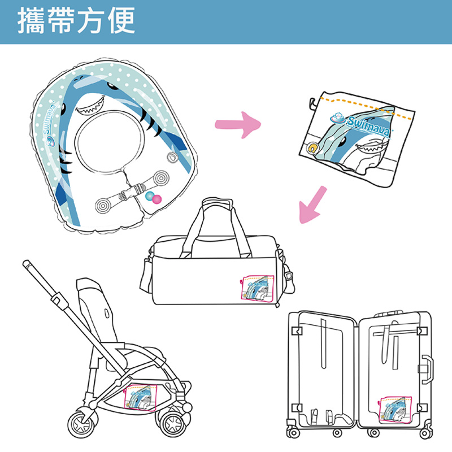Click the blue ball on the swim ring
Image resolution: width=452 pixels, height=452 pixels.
point(150,196)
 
